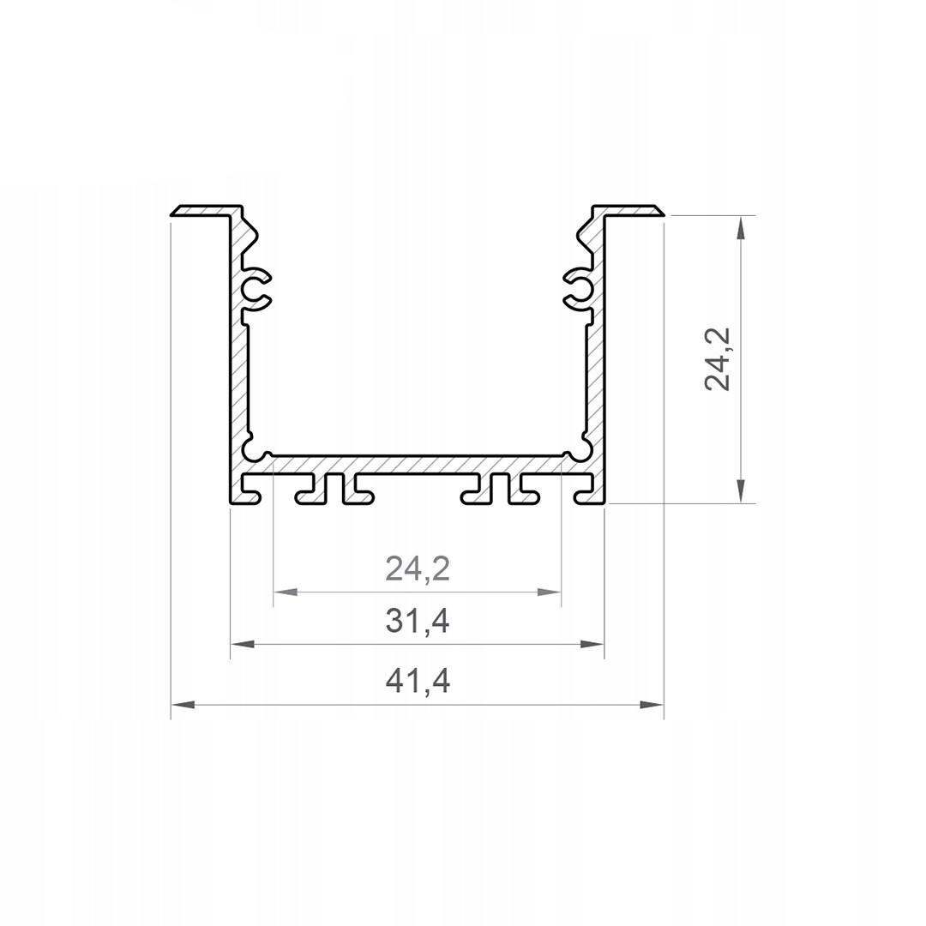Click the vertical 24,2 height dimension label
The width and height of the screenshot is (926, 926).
[x=718, y=358]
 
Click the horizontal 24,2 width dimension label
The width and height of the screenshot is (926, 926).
[x=418, y=569]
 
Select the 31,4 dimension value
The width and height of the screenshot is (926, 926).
[x=418, y=621]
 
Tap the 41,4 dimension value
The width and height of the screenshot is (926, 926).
[x=418, y=681]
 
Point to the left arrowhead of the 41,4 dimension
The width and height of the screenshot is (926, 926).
[x=183, y=704]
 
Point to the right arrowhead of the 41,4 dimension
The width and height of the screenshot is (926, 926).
[x=652, y=704]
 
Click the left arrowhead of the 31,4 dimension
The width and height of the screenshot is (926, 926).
[x=242, y=644]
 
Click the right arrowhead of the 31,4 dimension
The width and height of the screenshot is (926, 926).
[x=592, y=644]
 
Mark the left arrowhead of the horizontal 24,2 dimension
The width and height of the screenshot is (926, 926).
[x=286, y=592]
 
